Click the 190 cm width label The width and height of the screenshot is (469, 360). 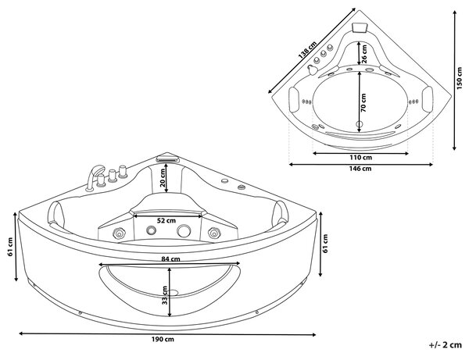[x=163, y=340]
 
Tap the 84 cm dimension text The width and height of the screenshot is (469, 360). [x=170, y=259]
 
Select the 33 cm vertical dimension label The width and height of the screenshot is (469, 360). [x=164, y=295]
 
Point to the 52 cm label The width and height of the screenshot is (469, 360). [x=166, y=221]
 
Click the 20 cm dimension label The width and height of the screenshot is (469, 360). [x=163, y=177]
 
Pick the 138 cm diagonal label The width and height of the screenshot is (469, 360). [x=307, y=50]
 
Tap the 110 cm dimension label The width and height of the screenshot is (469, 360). [x=360, y=158]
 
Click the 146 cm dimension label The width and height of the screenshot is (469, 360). [x=360, y=169]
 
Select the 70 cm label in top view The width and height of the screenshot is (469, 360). [x=363, y=102]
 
